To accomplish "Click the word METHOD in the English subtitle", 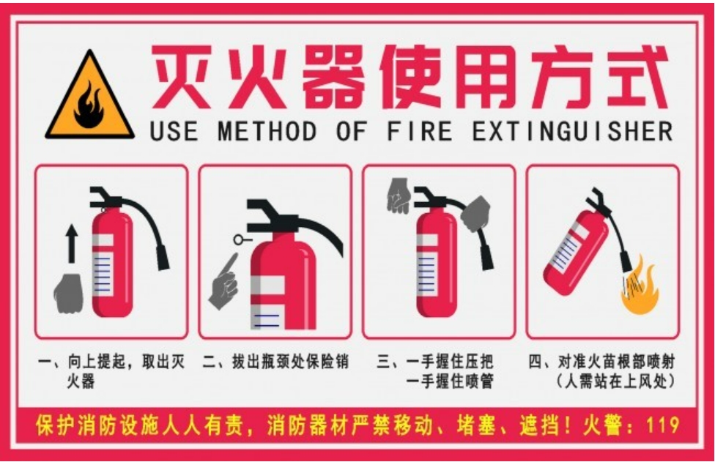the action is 267,131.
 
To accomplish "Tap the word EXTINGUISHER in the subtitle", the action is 572,131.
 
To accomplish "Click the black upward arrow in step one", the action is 71,244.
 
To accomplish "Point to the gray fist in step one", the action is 69,294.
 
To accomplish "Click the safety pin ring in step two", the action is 238,239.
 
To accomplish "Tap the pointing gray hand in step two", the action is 224,283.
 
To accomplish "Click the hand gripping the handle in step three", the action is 399,195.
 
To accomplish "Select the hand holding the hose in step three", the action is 475,214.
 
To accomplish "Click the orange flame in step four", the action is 641,287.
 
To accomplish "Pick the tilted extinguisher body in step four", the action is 576,252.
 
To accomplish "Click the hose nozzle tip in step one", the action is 163,258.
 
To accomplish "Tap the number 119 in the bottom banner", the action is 663,425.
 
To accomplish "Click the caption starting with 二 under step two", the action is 275,362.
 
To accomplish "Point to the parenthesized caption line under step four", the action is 615,381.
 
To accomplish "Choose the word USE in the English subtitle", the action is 174,131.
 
